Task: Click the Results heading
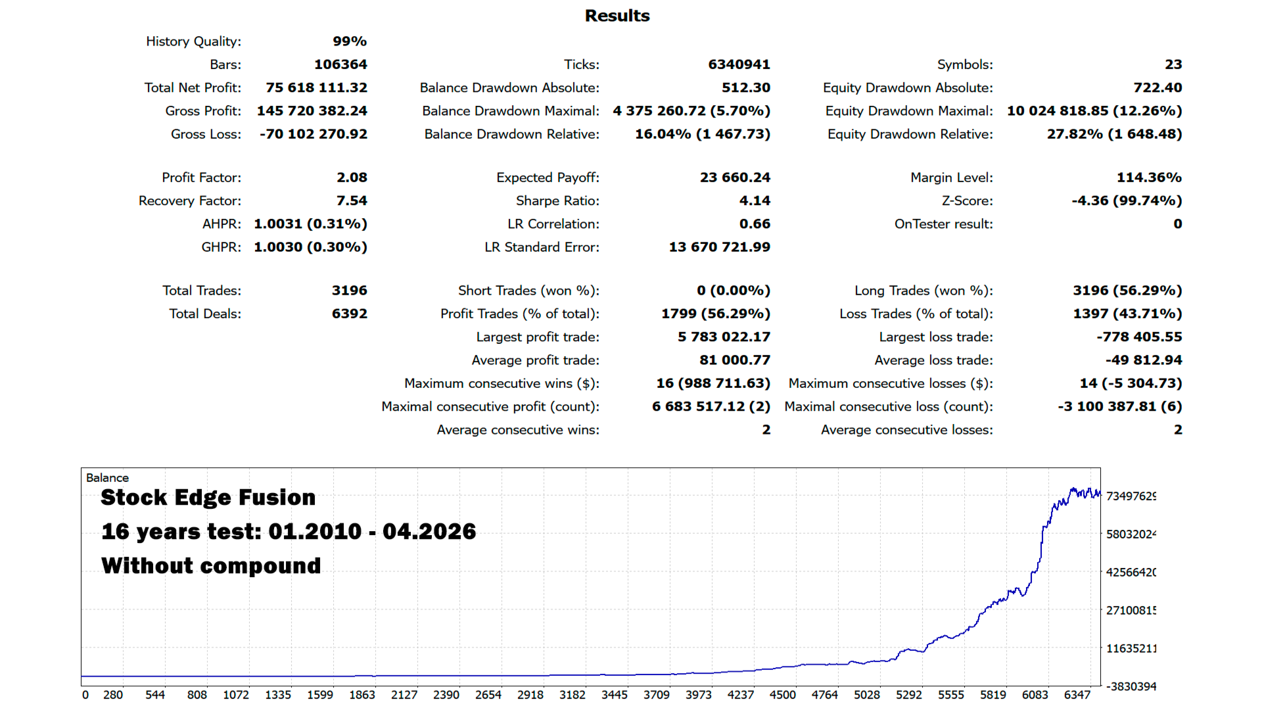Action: tap(617, 16)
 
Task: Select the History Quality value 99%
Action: tap(350, 41)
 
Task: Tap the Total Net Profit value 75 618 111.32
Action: tap(317, 88)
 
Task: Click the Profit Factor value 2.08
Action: tap(352, 177)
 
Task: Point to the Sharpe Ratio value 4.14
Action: tap(755, 201)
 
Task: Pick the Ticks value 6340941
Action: tap(739, 64)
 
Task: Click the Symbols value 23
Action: tap(1173, 64)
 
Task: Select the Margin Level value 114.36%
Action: tap(1149, 177)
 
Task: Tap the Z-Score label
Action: tap(967, 201)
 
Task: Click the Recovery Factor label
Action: tap(190, 201)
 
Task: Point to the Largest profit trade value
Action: tap(724, 337)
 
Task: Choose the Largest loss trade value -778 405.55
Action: tap(1139, 337)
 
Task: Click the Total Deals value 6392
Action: tap(350, 314)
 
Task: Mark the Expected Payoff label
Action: tap(548, 178)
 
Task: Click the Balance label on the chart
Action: tap(107, 478)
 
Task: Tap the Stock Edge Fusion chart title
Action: tap(208, 498)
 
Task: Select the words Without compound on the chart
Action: tap(211, 566)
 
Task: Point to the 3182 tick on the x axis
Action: tap(572, 695)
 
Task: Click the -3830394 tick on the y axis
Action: tap(1131, 686)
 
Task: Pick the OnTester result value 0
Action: tap(1178, 224)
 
